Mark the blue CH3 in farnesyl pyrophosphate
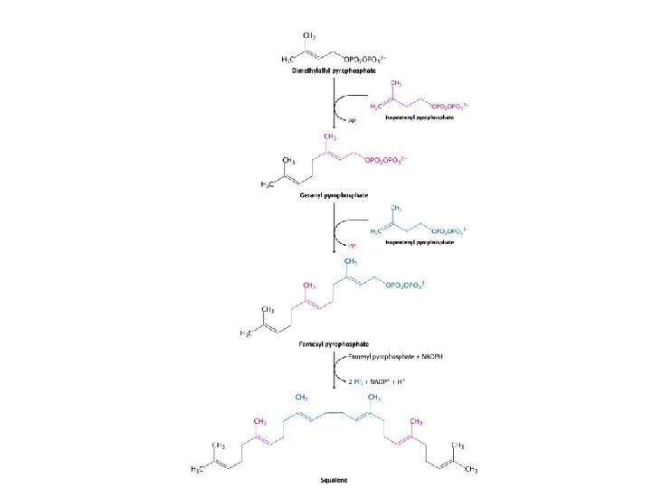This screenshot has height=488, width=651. (x=353, y=260)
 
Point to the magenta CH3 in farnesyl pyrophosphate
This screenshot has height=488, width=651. (x=308, y=285)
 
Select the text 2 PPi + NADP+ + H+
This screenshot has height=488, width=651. (x=383, y=380)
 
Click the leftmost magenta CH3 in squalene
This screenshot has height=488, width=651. (x=260, y=420)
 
